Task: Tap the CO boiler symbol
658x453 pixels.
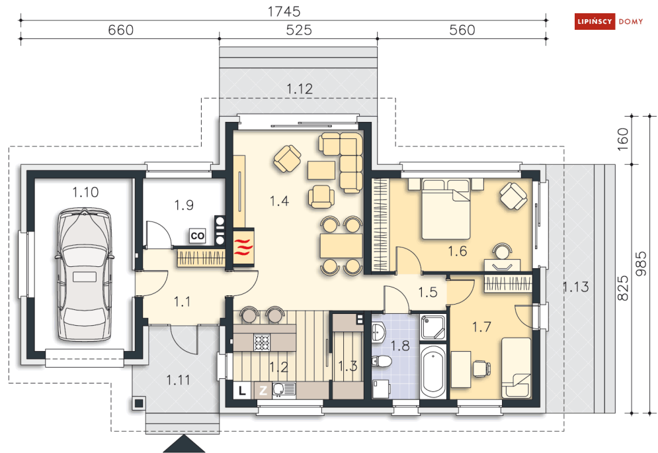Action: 197,236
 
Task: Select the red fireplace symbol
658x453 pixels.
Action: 243,247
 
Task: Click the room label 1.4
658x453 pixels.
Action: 280,201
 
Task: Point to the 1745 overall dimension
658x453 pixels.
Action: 284,11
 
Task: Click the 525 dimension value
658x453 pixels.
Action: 299,30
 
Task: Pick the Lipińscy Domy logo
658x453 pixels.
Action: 609,21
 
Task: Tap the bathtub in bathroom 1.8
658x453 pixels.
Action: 432,371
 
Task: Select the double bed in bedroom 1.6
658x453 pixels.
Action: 446,209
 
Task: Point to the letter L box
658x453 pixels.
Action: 242,390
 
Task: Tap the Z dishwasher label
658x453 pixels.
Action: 263,390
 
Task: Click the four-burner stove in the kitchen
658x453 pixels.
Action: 262,342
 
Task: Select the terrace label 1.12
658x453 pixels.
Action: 300,89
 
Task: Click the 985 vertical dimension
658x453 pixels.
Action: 641,264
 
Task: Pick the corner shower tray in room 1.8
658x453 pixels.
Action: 432,327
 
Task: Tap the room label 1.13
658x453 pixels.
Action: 576,287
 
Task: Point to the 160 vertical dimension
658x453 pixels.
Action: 623,136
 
